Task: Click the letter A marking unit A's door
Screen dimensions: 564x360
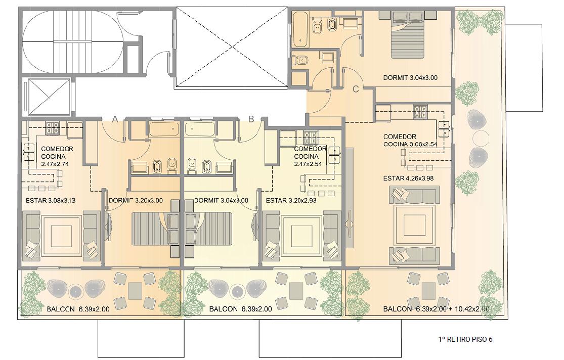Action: pos(115,119)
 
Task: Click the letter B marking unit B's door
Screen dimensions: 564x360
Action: pos(251,119)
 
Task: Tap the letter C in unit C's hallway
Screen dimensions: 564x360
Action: pos(356,89)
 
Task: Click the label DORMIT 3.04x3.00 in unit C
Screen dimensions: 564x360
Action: pos(410,77)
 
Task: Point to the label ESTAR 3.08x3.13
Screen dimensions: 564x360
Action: pos(51,200)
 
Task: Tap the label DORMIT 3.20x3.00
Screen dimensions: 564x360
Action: pos(136,200)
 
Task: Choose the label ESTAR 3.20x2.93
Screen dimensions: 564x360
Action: pos(291,200)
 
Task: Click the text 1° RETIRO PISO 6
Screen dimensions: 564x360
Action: pos(465,339)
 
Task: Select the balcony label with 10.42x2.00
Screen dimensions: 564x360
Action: pos(436,309)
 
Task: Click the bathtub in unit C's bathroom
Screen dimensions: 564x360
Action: pos(300,29)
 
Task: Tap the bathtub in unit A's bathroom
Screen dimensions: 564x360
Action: pos(164,129)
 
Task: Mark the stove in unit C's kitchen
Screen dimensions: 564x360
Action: pos(420,111)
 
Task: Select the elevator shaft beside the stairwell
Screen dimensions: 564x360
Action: pos(47,96)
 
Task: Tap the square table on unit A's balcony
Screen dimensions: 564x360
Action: pos(135,291)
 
